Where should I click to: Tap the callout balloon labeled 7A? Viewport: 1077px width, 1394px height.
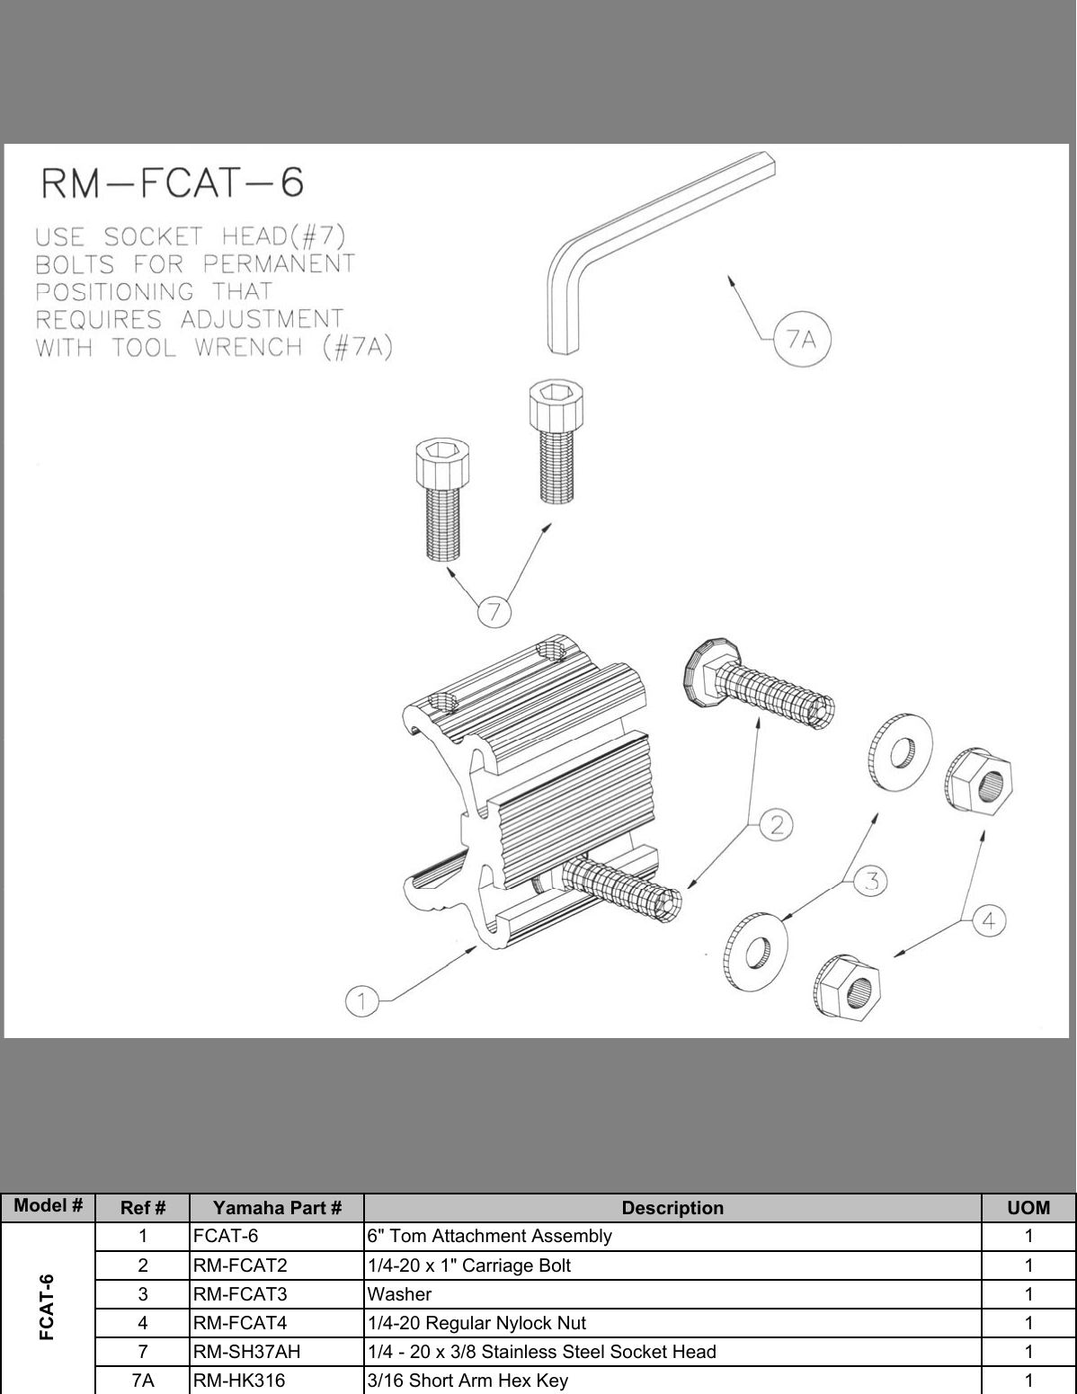[x=801, y=340]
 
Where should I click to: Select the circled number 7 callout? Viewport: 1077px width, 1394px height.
[x=494, y=613]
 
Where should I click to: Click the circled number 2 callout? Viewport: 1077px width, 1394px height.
[x=776, y=824]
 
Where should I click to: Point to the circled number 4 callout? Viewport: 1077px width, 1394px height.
[x=989, y=921]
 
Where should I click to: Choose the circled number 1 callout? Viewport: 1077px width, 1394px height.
[x=361, y=1001]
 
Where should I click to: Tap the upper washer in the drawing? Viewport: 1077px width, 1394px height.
[x=900, y=747]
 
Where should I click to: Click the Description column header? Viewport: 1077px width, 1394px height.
[x=672, y=1208]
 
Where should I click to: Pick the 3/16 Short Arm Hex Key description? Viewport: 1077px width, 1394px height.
[x=467, y=1381]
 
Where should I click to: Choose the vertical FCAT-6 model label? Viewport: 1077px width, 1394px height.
[x=48, y=1307]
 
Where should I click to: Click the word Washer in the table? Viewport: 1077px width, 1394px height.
[x=399, y=1294]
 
